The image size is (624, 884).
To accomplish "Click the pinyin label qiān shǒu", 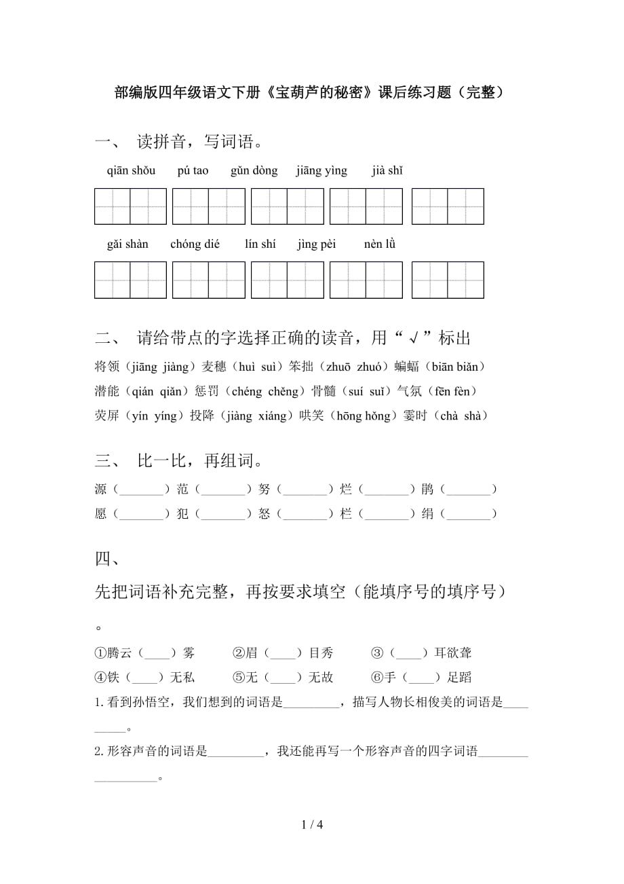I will [x=131, y=170].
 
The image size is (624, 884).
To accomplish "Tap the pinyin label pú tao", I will [x=193, y=170].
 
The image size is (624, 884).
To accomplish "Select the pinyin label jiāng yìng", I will [x=321, y=170].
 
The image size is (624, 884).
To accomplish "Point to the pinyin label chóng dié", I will [x=195, y=244].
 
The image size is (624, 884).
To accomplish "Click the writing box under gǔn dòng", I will [x=287, y=206].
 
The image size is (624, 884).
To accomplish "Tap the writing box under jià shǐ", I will [x=448, y=206].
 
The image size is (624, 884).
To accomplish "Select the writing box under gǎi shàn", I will [x=130, y=280].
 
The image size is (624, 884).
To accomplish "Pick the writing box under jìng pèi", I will [x=366, y=280].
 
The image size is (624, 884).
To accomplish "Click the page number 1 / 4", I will [x=312, y=825].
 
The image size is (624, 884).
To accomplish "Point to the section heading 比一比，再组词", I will [x=199, y=462].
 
